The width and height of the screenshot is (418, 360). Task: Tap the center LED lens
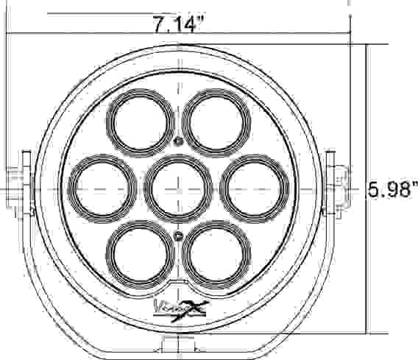coord(177,186)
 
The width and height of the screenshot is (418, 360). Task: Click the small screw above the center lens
coord(177,140)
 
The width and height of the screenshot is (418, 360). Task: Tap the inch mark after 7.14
coord(199,21)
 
